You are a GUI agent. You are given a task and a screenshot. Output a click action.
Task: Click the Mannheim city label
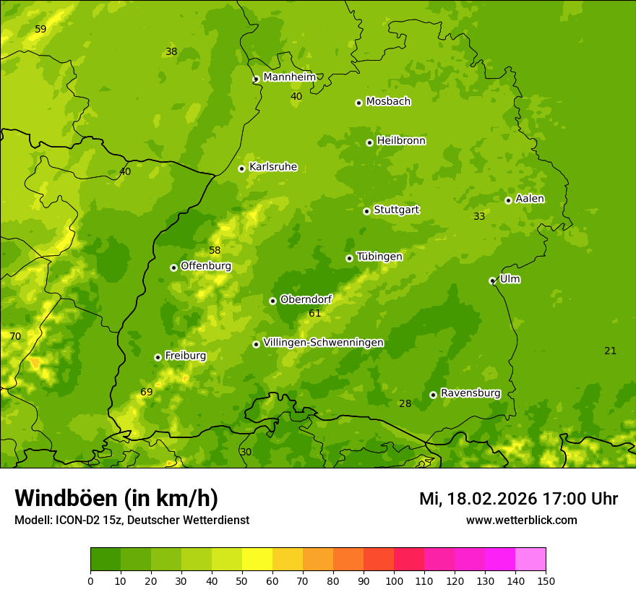tap(289, 77)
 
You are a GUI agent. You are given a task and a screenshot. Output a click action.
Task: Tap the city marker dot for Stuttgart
tap(366, 211)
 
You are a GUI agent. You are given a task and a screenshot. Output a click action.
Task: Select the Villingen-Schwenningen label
tap(323, 343)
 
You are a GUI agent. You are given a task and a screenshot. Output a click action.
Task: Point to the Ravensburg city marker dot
tap(433, 395)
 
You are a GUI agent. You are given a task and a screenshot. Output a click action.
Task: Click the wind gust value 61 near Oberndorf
tap(314, 313)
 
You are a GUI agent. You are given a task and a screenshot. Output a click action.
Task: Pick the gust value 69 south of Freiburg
tap(147, 392)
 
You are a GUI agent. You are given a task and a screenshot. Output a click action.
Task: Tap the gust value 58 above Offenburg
tap(215, 250)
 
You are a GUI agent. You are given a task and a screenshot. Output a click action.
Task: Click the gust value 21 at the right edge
tap(610, 351)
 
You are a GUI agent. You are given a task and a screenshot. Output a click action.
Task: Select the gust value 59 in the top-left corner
tap(40, 29)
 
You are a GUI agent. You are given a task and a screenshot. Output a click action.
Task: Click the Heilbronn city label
tap(401, 141)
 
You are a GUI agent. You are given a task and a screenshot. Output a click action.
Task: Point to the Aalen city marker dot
tap(508, 200)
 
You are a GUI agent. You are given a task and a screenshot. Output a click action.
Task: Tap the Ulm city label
tap(510, 279)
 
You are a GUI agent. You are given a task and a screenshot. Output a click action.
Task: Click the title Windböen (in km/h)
tap(116, 498)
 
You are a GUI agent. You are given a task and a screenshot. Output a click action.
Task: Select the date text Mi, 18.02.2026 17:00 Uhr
tap(518, 499)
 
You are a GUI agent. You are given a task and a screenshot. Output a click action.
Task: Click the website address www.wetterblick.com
tap(521, 520)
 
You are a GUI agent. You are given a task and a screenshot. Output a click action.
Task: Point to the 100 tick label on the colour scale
tap(394, 580)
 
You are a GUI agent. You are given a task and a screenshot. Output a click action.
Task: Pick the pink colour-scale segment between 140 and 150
tap(530, 560)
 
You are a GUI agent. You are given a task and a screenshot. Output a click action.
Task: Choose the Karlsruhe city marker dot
tap(241, 168)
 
